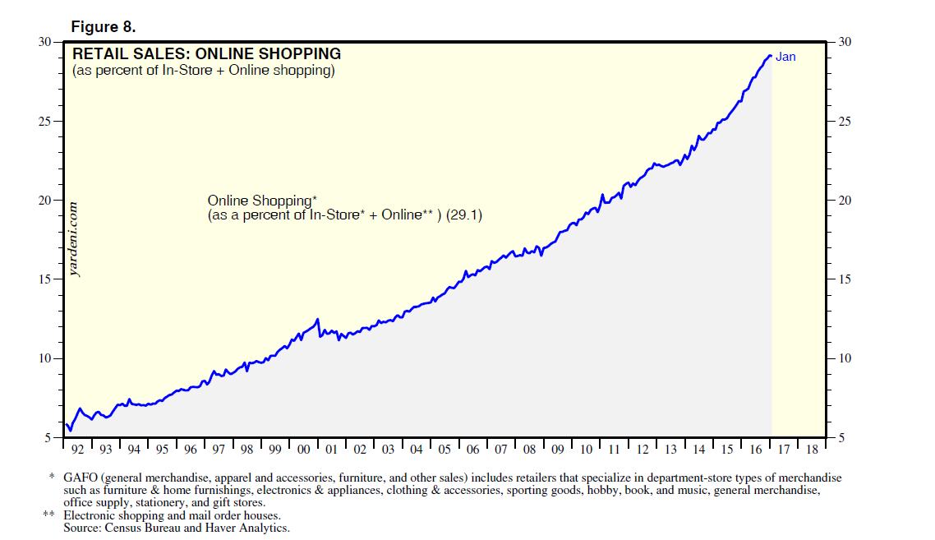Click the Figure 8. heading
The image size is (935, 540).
(103, 26)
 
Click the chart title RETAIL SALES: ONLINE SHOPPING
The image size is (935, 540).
(207, 54)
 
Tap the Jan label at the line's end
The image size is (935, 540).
(785, 57)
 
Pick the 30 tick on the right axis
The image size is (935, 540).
(844, 42)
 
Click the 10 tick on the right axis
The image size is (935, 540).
(844, 358)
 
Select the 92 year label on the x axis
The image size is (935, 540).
(77, 450)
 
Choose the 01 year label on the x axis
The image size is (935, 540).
(331, 450)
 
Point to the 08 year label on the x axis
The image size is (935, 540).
(528, 450)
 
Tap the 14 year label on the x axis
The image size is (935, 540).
(698, 450)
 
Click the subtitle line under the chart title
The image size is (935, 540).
(203, 71)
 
